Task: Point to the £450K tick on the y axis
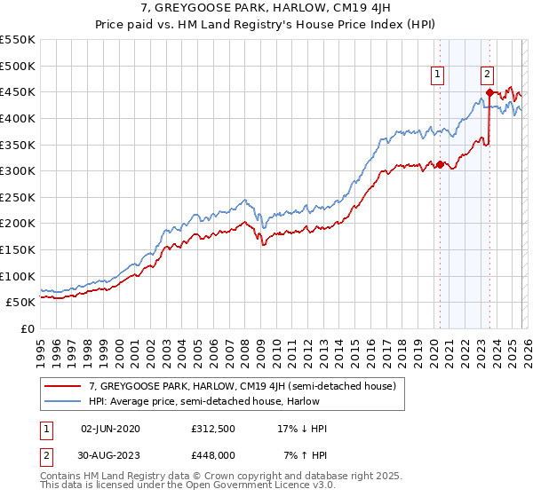coord(18,91)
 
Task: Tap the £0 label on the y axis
coord(27,328)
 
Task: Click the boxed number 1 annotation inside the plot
coord(439,75)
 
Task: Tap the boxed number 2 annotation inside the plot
coord(488,75)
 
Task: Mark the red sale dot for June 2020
coord(440,164)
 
